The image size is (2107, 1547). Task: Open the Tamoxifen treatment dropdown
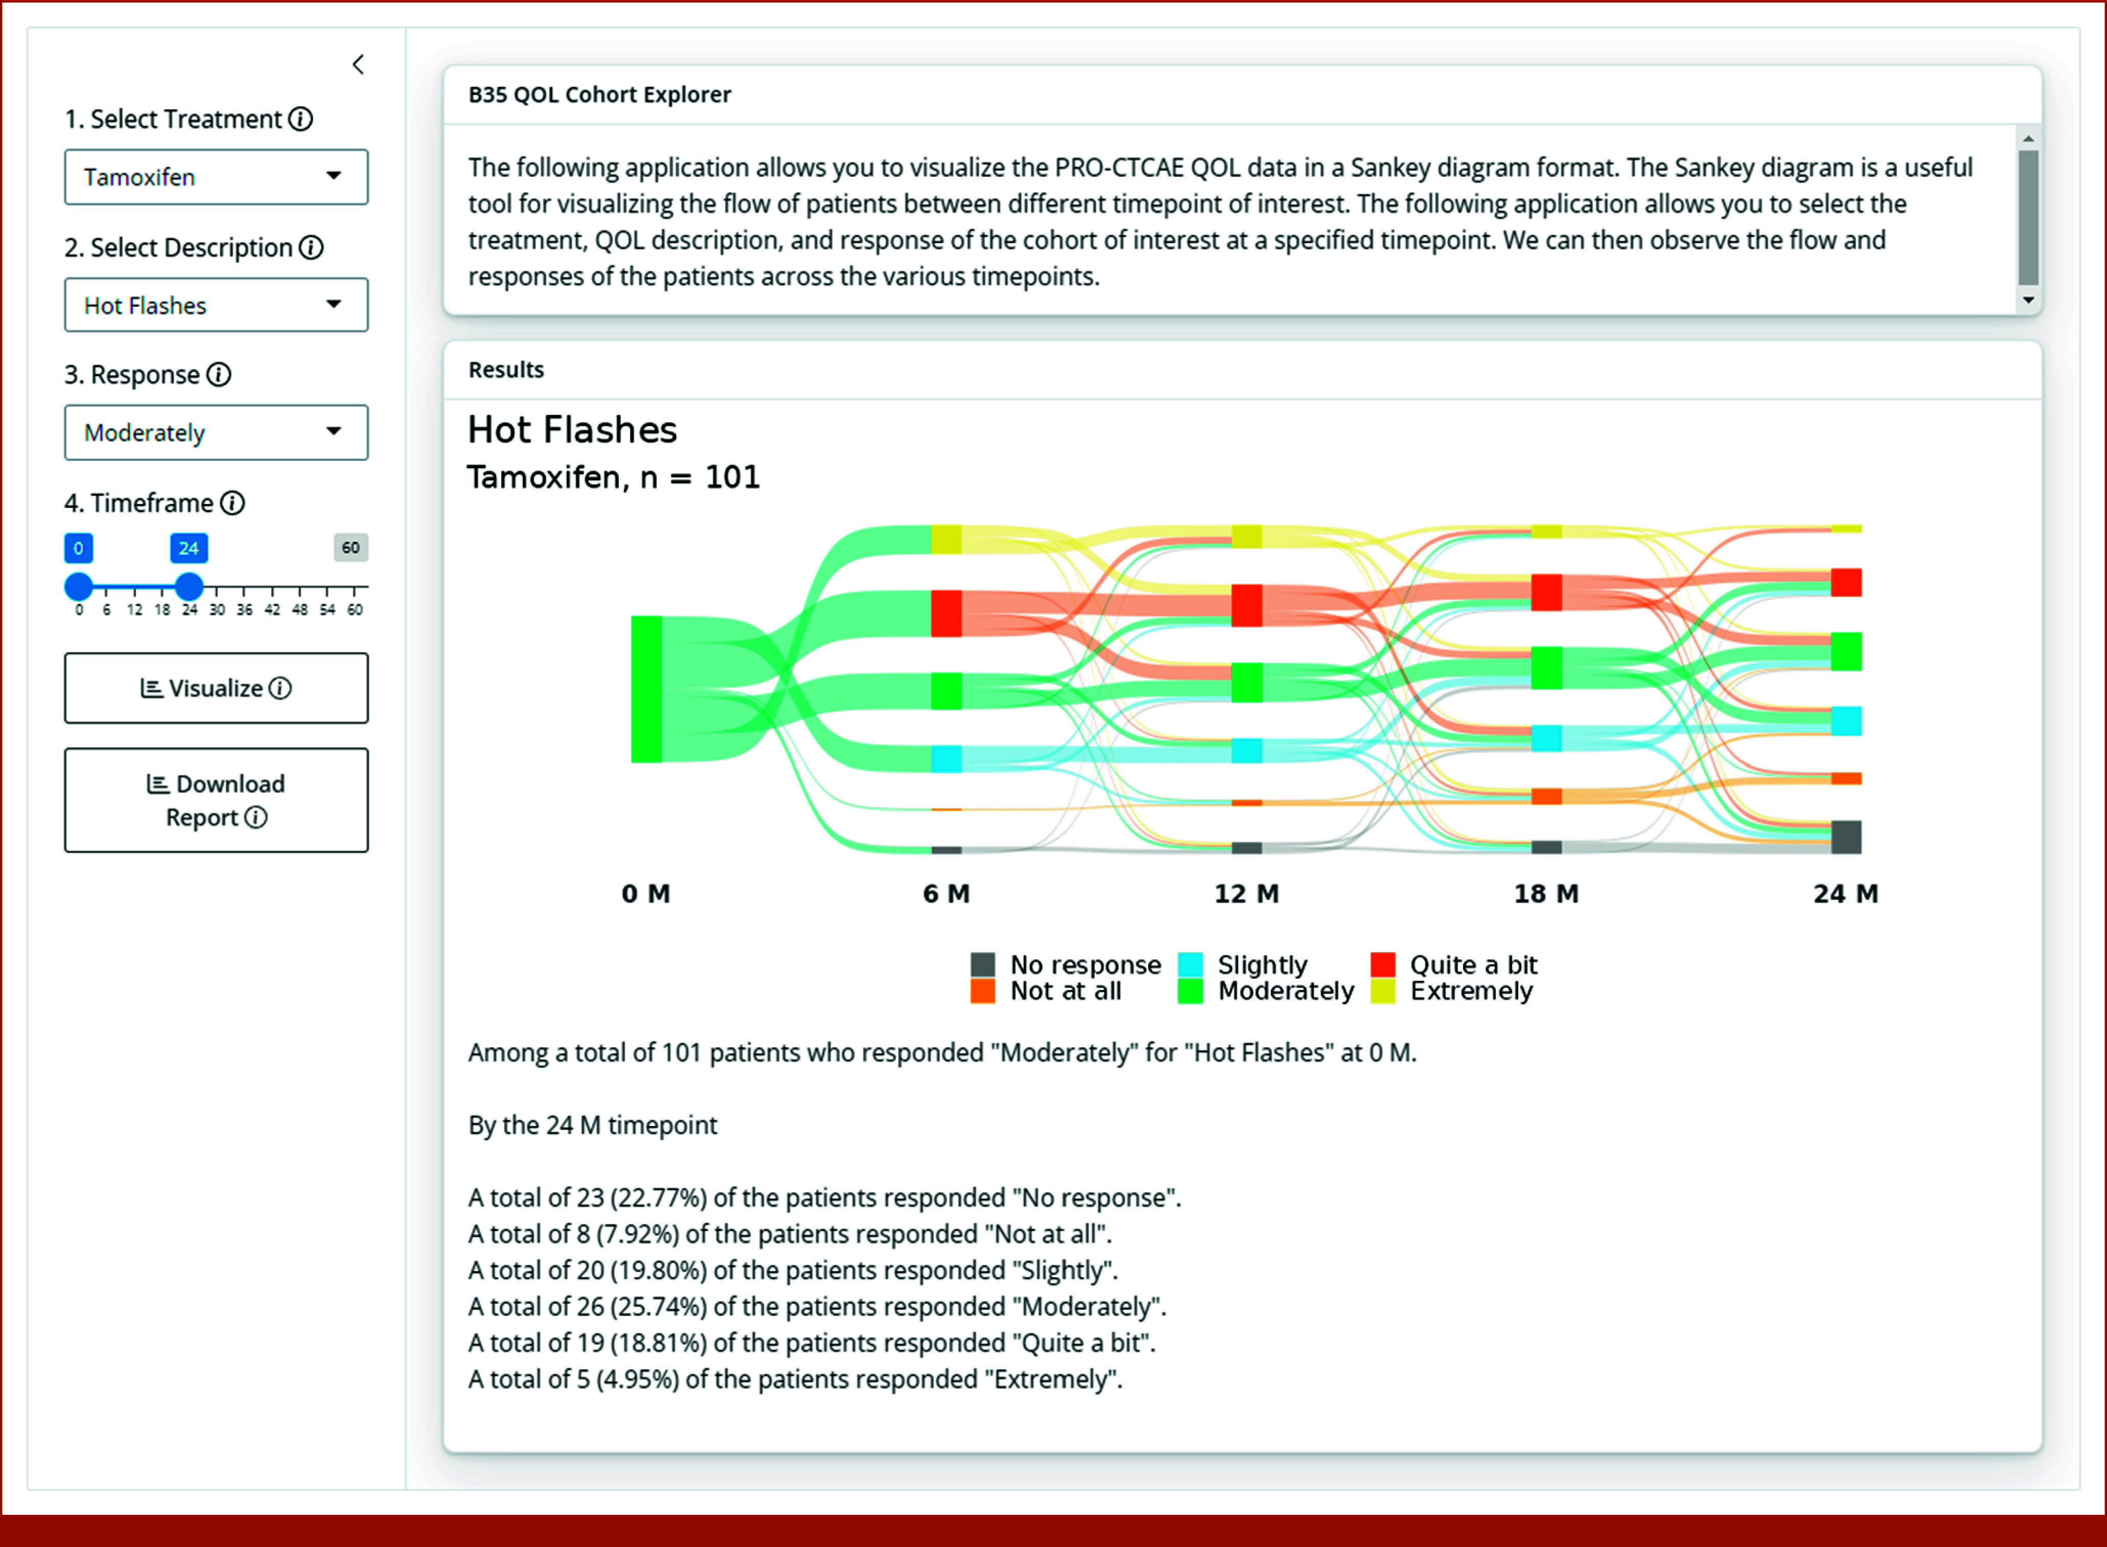coord(215,177)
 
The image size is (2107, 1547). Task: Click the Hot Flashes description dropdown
coord(215,305)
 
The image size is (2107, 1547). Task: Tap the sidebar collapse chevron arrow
coord(358,64)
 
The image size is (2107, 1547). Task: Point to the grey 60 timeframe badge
coord(350,548)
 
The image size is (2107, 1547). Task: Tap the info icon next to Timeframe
coord(232,503)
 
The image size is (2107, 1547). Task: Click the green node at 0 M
coord(646,689)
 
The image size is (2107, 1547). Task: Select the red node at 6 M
coord(946,613)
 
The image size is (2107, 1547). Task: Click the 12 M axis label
coord(1246,893)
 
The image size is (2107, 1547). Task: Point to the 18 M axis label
coord(1546,893)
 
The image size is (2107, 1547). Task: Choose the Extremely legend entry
coord(1452,991)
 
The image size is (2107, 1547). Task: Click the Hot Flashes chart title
coord(571,430)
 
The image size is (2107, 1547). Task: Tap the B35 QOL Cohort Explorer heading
coord(599,95)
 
